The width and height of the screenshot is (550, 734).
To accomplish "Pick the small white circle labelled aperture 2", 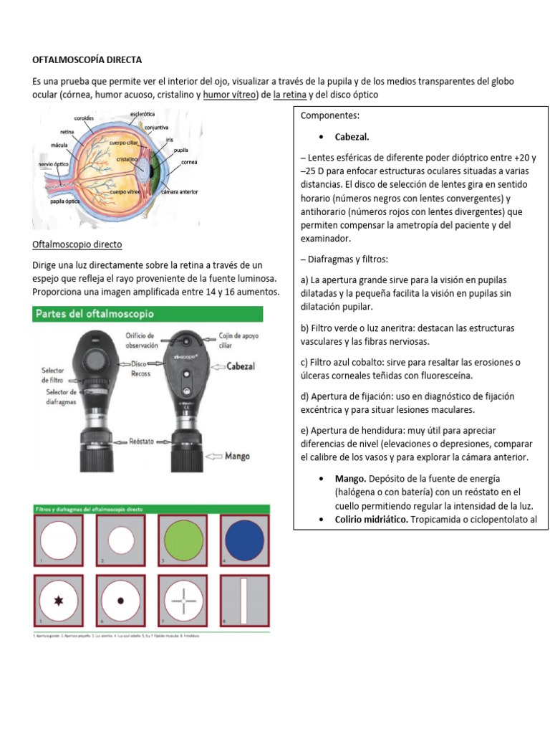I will (x=121, y=539).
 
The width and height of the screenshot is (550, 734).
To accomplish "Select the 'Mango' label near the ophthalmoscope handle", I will (x=237, y=455).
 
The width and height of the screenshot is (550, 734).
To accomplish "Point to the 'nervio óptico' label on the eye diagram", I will (x=54, y=164).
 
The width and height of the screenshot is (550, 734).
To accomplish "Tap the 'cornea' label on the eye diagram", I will (x=189, y=162).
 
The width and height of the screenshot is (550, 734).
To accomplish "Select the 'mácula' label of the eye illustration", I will (x=59, y=145).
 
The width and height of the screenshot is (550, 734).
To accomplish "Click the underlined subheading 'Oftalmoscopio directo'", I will (x=77, y=244).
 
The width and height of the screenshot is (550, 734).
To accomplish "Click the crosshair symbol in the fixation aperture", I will (x=184, y=600).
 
